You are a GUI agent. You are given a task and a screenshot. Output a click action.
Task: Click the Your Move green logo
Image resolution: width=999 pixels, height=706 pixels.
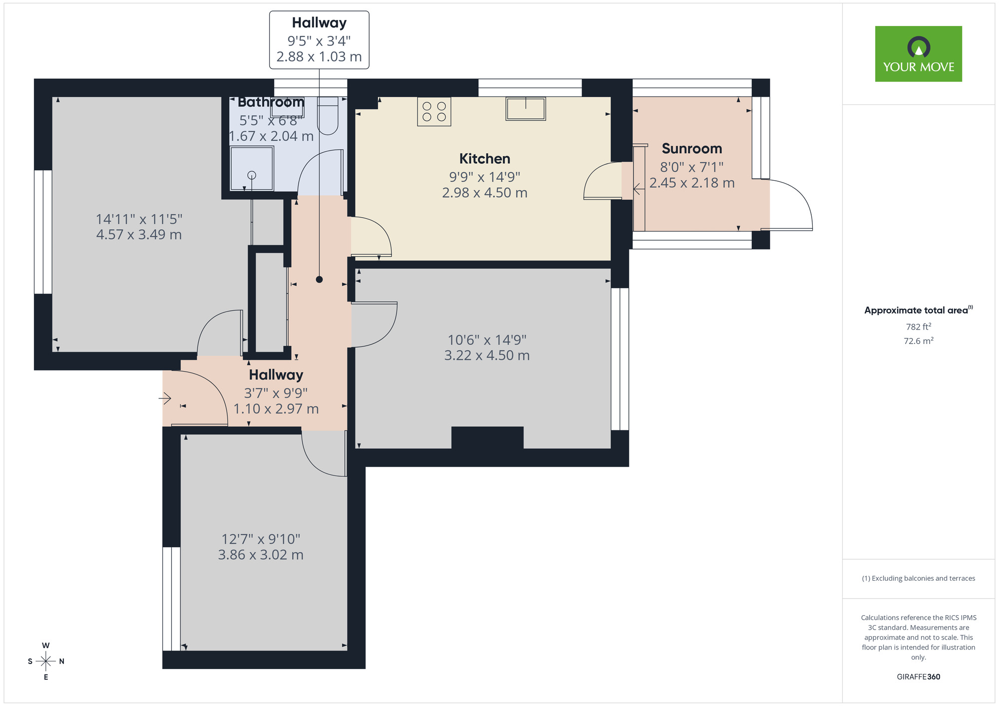(918, 54)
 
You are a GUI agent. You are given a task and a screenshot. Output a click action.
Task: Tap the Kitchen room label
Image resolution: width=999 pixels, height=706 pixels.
(485, 159)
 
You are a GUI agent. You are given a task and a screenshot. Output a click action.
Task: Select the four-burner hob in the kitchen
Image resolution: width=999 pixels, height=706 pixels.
(434, 111)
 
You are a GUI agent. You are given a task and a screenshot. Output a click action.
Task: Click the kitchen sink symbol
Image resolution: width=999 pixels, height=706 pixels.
(525, 108)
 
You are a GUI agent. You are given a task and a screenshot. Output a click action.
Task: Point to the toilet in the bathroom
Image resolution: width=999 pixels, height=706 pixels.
(328, 116)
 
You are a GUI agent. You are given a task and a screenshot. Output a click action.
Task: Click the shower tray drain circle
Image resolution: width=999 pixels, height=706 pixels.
(252, 175)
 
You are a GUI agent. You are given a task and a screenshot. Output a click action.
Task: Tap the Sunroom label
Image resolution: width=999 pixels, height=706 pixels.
(692, 149)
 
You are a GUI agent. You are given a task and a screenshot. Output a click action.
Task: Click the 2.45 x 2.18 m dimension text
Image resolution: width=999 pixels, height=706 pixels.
(692, 183)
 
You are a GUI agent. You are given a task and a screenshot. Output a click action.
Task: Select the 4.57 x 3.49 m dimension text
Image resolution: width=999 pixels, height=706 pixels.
(139, 235)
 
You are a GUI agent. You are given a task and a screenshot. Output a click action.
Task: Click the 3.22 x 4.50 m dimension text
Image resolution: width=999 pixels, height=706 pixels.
(487, 355)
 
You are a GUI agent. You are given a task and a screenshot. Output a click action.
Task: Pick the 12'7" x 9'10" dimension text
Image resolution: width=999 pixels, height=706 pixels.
(261, 539)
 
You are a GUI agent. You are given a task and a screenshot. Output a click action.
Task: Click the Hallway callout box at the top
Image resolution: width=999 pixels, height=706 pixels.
(319, 40)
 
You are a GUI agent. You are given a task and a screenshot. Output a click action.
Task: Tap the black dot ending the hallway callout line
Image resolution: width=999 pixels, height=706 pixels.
(319, 280)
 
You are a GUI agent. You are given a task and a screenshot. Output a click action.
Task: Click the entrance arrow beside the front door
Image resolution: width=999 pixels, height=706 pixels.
(165, 398)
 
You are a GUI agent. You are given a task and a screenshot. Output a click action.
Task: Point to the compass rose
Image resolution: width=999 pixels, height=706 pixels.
(46, 661)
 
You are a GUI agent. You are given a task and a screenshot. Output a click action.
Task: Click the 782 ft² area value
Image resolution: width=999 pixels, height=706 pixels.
(918, 327)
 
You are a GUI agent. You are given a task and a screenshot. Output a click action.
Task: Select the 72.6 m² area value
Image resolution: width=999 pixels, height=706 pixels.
(918, 341)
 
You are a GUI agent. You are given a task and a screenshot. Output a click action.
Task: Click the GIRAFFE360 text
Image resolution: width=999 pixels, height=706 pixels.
(918, 677)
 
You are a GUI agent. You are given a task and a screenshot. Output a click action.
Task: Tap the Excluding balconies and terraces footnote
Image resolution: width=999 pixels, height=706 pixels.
(918, 578)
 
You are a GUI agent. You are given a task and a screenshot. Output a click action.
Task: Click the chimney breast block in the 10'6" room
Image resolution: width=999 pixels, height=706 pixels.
(488, 438)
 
